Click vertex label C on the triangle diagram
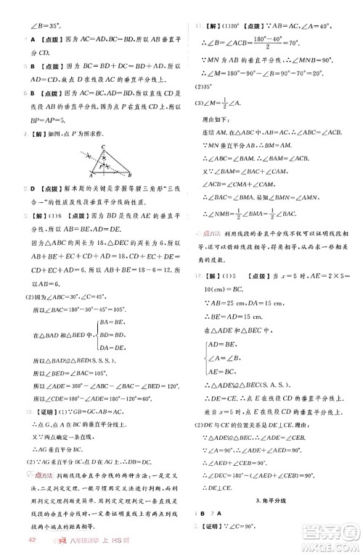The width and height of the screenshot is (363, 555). tap(104, 147)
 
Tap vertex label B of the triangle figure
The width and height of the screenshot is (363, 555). tap(132, 176)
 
